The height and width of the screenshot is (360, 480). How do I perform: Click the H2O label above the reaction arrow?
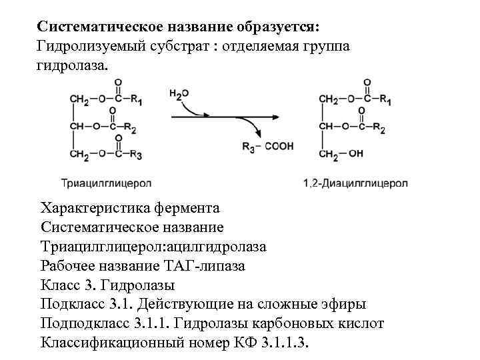point(179,95)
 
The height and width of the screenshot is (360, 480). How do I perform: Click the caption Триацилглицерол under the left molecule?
point(107,182)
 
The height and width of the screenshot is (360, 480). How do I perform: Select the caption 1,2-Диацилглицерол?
point(356,182)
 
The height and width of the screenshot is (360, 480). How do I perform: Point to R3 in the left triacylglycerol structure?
point(135,155)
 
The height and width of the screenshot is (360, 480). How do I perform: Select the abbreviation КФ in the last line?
point(243,343)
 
